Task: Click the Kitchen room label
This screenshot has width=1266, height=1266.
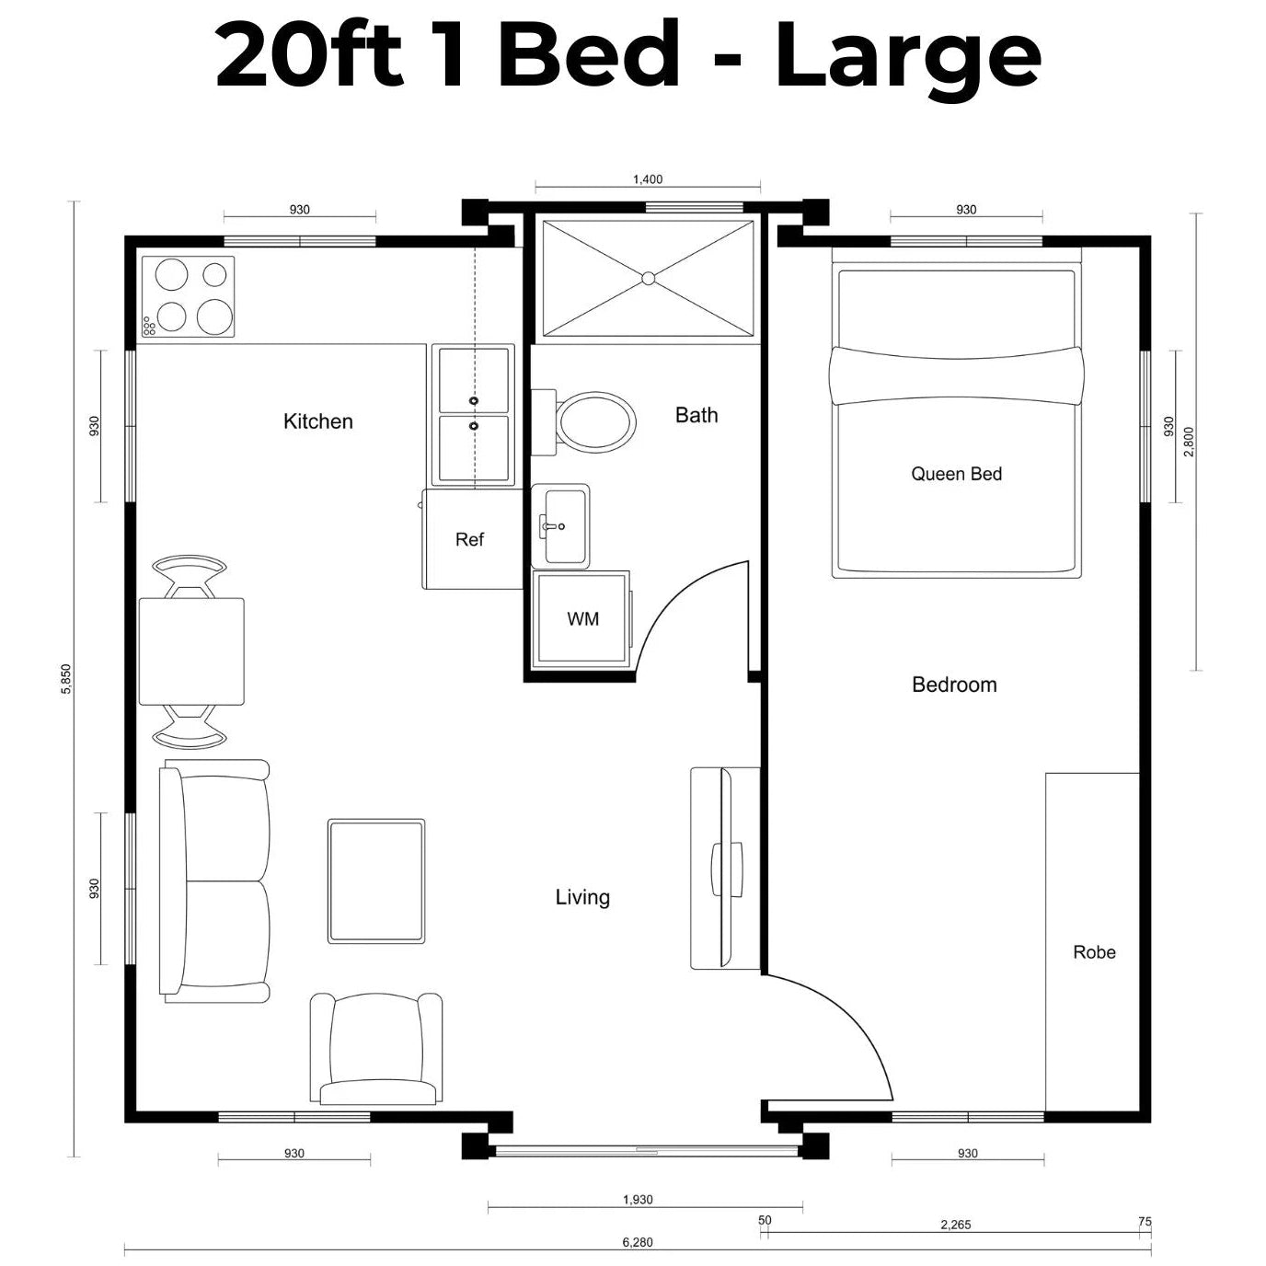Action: (318, 421)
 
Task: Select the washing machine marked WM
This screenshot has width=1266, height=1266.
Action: (581, 619)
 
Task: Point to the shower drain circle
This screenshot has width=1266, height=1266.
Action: (648, 279)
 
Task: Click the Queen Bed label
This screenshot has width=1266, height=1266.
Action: (956, 474)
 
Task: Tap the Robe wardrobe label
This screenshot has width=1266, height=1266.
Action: (1094, 952)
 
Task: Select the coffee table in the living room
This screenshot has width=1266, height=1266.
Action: (376, 881)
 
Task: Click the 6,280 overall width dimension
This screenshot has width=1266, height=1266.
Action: (638, 1242)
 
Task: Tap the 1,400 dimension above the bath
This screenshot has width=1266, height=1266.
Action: (648, 179)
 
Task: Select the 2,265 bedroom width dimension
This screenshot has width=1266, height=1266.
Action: (955, 1225)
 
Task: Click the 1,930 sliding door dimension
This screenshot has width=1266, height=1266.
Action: (638, 1200)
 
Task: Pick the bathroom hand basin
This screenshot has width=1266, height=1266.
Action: (560, 526)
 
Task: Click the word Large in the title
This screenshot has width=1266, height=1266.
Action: (908, 58)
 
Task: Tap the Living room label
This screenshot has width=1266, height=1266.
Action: (582, 897)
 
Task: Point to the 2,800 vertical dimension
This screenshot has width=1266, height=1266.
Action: (1189, 442)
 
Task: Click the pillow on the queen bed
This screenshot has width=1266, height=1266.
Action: (956, 375)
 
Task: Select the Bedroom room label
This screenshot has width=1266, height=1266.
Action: (954, 685)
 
